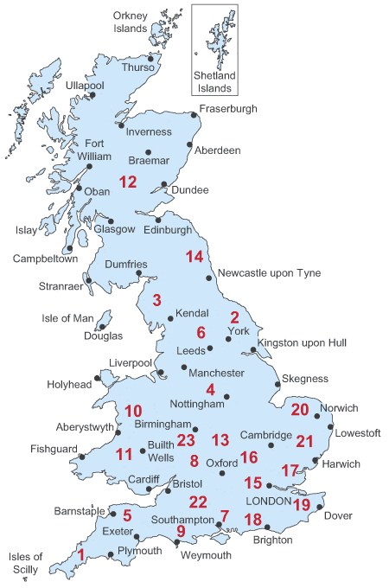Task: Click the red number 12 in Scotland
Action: click(x=128, y=182)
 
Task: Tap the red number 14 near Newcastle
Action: click(x=194, y=257)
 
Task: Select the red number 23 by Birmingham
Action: click(x=187, y=440)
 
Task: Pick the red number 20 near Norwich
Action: click(x=300, y=410)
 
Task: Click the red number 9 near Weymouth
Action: click(x=181, y=531)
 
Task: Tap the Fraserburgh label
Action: click(x=229, y=109)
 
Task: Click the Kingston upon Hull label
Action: click(x=302, y=343)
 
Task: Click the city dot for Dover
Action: click(x=321, y=507)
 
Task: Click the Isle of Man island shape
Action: click(x=104, y=323)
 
